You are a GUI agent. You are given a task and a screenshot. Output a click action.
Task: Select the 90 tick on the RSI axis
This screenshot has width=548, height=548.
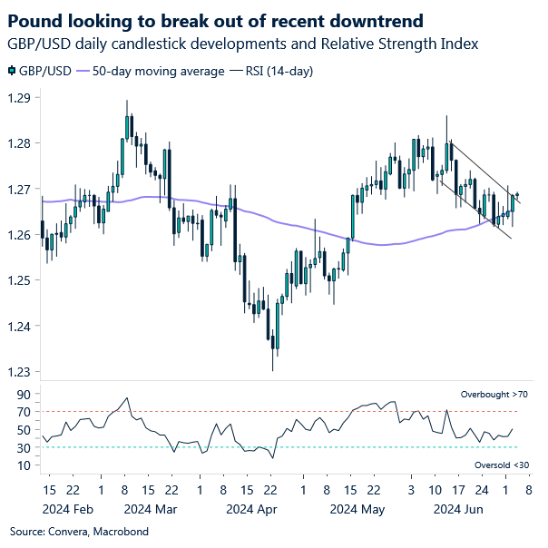(23, 395)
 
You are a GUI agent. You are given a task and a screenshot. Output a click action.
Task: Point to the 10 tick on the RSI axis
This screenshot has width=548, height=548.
(23, 465)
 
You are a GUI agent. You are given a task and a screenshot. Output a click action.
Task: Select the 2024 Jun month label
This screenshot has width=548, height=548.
(458, 509)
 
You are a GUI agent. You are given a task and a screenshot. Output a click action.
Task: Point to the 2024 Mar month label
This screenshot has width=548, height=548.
(150, 509)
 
